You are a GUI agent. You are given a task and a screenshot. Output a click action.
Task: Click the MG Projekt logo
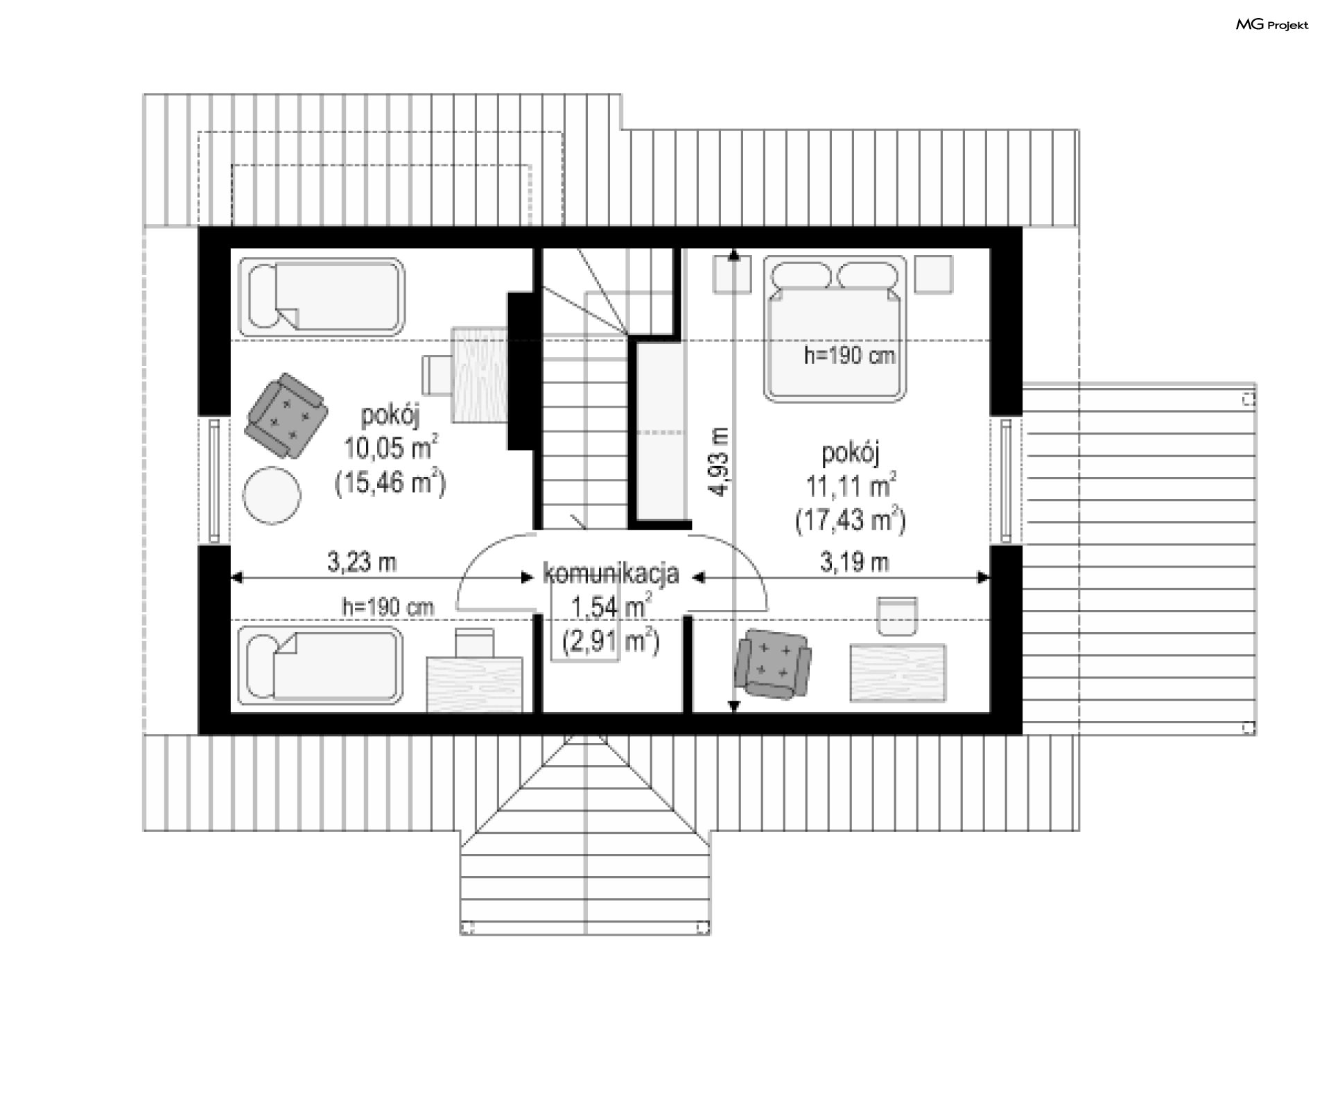(x=1272, y=25)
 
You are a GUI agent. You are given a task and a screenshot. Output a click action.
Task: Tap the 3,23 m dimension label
(x=362, y=561)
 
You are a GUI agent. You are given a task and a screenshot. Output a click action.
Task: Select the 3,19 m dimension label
(x=854, y=561)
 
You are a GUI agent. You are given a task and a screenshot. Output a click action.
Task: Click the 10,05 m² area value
(x=391, y=448)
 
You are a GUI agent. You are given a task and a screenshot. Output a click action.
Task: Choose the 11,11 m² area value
(x=851, y=485)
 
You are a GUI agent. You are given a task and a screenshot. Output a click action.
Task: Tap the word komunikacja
(x=611, y=574)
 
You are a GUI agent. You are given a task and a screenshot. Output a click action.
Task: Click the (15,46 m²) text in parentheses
(x=390, y=482)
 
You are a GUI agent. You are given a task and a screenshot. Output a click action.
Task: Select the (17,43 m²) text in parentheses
(x=851, y=520)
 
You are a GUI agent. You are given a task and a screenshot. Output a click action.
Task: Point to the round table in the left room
(x=272, y=495)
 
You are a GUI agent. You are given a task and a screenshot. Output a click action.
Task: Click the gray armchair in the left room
(x=286, y=415)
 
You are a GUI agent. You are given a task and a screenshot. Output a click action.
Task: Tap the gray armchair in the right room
(x=773, y=663)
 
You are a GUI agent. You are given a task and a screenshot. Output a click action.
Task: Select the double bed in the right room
(x=835, y=329)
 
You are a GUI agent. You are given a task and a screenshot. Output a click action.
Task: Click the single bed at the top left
(x=321, y=297)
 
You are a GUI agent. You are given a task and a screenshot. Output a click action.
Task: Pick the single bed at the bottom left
(x=320, y=665)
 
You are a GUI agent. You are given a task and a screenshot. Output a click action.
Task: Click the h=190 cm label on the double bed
(x=849, y=356)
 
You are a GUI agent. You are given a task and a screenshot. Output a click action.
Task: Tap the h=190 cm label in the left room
(x=388, y=607)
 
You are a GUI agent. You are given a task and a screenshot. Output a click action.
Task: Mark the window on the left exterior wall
(x=215, y=480)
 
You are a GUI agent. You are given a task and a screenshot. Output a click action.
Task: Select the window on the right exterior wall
(x=1007, y=480)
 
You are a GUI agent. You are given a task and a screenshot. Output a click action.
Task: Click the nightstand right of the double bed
(x=933, y=274)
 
